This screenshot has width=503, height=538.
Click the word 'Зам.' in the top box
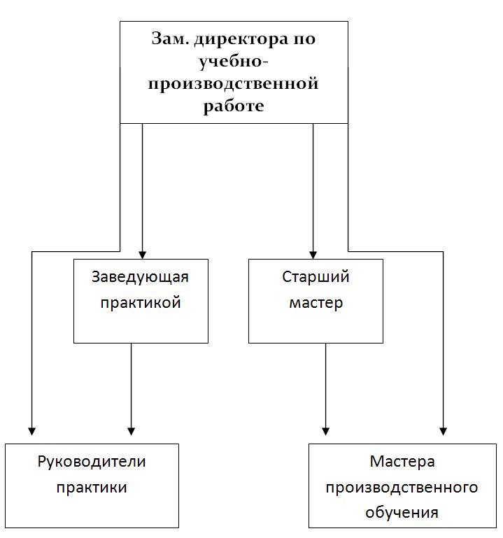[x=170, y=38]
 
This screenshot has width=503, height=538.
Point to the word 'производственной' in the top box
[x=234, y=84]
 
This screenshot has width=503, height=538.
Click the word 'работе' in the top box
[x=234, y=106]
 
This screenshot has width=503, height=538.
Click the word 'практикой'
[x=141, y=303]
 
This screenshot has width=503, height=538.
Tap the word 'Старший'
[x=316, y=277]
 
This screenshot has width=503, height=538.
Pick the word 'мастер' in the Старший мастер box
[x=316, y=304]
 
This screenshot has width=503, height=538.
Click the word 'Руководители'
[x=92, y=462]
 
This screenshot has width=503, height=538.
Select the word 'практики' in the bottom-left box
[x=92, y=488]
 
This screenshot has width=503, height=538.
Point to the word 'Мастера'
[x=402, y=462]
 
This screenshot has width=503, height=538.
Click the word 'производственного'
[x=402, y=488]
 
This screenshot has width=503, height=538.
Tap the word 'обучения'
[x=402, y=513]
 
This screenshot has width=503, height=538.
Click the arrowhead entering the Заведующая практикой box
[x=143, y=255]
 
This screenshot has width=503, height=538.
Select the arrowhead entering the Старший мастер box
[x=313, y=255]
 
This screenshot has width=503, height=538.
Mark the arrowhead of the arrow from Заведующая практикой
[x=131, y=431]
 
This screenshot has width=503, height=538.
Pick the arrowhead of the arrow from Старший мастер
[x=325, y=431]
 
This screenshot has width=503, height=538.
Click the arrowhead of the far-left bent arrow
[x=32, y=431]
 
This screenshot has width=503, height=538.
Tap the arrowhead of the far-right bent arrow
[x=443, y=431]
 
